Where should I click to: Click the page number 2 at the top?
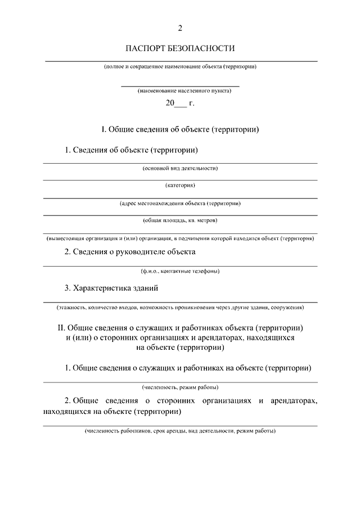[x=180, y=28]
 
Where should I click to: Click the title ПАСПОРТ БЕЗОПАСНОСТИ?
[x=180, y=48]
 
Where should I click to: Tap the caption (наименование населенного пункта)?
[x=180, y=91]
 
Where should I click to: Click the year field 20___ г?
[x=179, y=103]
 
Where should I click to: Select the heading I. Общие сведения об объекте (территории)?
[x=180, y=129]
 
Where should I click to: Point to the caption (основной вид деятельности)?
[x=180, y=168]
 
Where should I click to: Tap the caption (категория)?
[x=180, y=185]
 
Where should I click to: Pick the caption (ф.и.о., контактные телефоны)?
[x=180, y=271]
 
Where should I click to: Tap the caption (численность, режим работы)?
[x=180, y=388]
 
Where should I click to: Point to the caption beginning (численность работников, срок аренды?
[x=180, y=431]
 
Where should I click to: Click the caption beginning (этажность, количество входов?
[x=180, y=308]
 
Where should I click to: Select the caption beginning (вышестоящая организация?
[x=180, y=238]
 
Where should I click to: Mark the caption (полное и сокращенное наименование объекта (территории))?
[x=180, y=66]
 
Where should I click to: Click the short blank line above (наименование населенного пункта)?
[x=180, y=85]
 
